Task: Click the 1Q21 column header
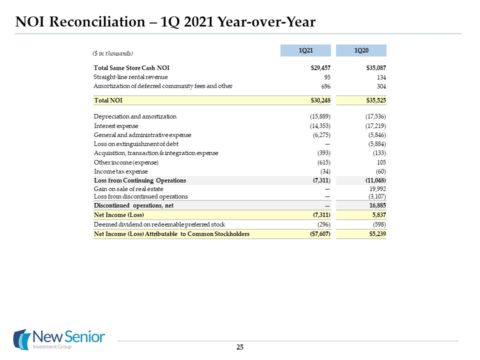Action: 306,50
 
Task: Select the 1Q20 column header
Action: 361,50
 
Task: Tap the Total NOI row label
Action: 108,100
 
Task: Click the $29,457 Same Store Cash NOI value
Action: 321,67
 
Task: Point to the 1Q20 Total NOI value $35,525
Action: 376,100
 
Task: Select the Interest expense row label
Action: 116,125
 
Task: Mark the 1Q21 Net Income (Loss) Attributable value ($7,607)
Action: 320,234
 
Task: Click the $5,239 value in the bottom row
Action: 377,234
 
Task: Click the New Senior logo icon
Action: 21,339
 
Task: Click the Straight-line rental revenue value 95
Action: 327,77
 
